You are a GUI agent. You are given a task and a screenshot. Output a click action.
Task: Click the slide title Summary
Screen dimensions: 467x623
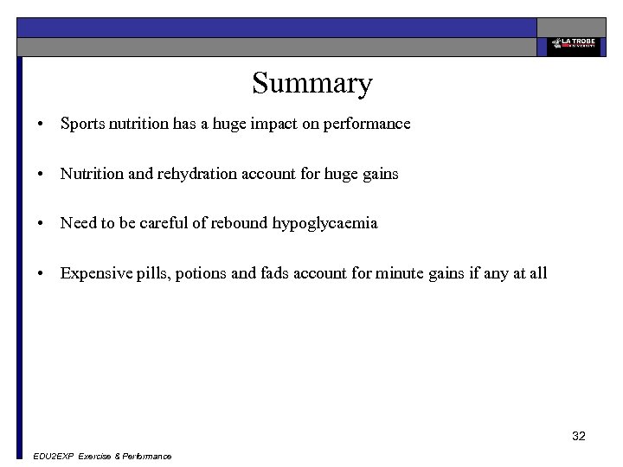click(x=311, y=84)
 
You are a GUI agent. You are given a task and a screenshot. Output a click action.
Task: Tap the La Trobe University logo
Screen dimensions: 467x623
click(x=572, y=45)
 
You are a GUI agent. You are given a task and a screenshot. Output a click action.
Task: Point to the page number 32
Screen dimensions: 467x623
click(x=579, y=436)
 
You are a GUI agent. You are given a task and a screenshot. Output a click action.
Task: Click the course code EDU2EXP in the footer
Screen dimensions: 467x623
click(x=52, y=457)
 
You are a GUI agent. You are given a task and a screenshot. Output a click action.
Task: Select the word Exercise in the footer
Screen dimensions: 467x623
click(x=95, y=457)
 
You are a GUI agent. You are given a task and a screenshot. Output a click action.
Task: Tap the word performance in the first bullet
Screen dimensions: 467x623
click(x=367, y=124)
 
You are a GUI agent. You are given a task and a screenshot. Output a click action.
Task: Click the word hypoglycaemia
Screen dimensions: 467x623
click(x=324, y=224)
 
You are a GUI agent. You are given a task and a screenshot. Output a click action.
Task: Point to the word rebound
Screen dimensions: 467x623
click(x=240, y=224)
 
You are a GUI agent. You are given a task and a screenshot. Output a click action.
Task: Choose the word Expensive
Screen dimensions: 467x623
click(x=96, y=274)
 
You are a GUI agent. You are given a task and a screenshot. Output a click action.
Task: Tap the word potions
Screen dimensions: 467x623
click(x=201, y=274)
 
